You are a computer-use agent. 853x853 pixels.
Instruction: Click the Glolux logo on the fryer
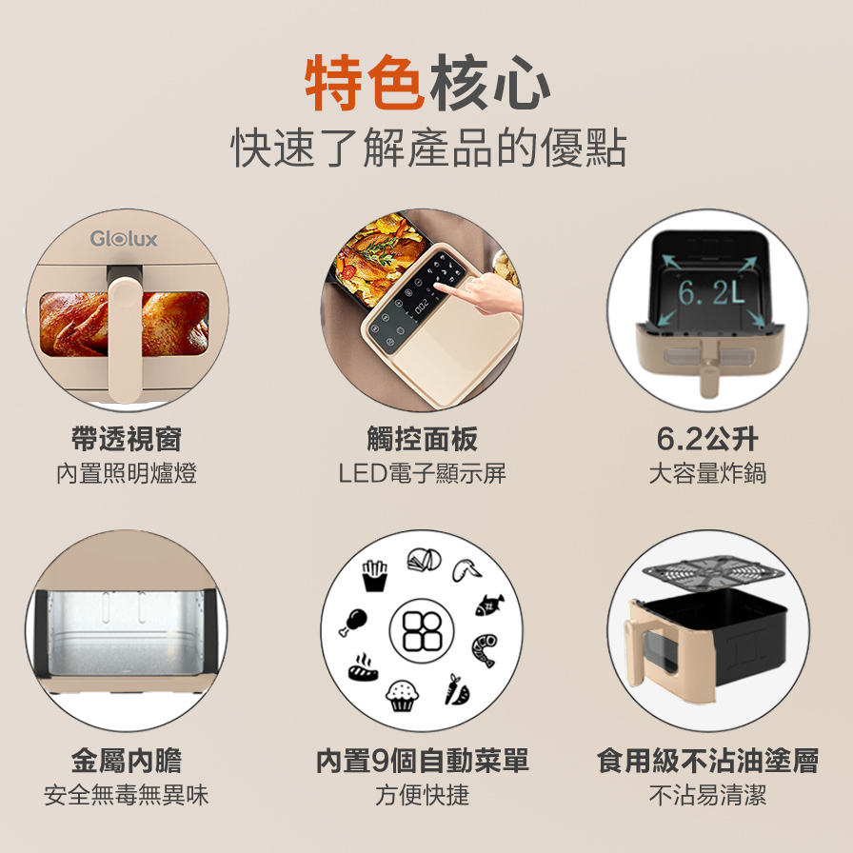(x=124, y=238)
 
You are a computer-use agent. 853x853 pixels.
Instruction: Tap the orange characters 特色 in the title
(x=365, y=83)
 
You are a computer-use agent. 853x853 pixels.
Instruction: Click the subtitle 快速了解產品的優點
(x=428, y=148)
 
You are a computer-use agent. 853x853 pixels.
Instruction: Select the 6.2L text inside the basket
(x=710, y=293)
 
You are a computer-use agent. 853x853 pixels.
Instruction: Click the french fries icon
(x=375, y=576)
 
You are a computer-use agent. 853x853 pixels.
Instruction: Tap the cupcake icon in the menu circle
(x=402, y=695)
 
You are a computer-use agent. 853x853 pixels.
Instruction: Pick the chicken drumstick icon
(x=353, y=623)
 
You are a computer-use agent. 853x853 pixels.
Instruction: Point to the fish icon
(x=489, y=605)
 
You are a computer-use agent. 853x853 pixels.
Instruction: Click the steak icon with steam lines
(x=363, y=668)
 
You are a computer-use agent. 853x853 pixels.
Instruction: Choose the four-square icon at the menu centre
(x=422, y=631)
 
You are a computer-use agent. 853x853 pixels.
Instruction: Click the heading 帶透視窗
(x=127, y=439)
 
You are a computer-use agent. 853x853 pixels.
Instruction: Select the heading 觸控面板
(x=422, y=439)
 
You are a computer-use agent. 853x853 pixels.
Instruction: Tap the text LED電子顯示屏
(x=422, y=473)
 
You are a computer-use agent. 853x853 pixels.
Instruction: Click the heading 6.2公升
(x=707, y=439)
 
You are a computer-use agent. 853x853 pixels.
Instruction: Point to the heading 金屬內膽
(x=127, y=760)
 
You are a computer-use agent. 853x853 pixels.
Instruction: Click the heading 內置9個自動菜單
(x=422, y=760)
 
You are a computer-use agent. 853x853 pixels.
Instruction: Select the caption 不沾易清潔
(x=707, y=795)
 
